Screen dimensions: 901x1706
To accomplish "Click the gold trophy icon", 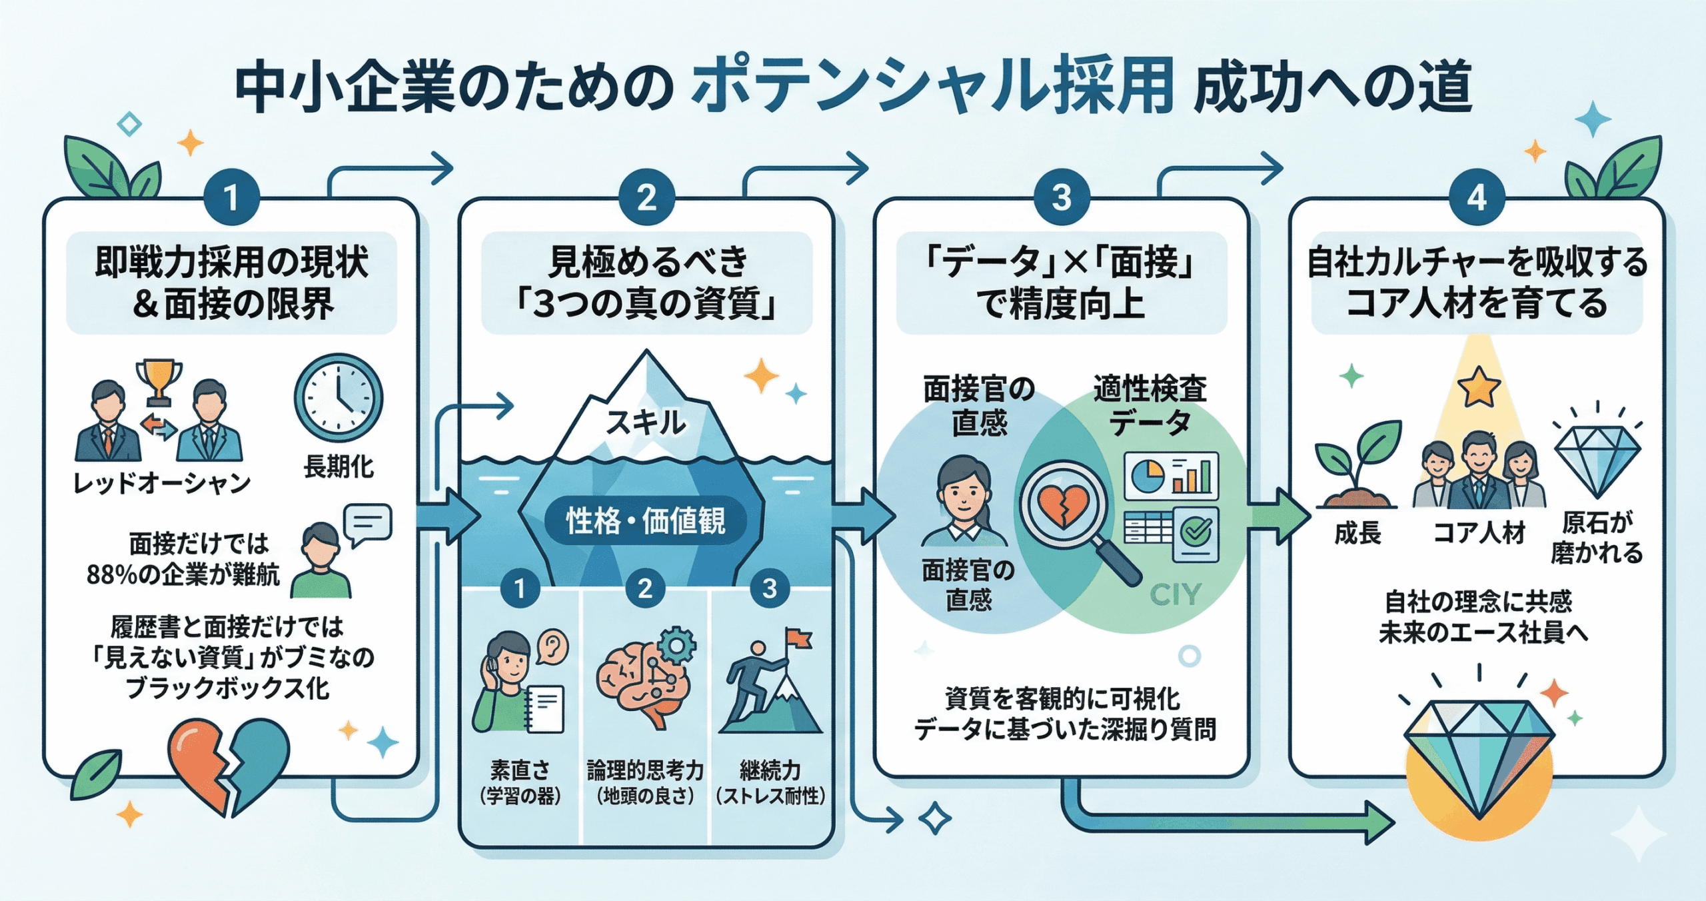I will [x=159, y=381].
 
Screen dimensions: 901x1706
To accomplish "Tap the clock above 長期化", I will [x=339, y=398].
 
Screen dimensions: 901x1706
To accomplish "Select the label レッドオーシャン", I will [x=162, y=482].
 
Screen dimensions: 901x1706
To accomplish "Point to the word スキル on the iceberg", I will [x=645, y=423].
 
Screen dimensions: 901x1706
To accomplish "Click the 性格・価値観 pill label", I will [x=645, y=520].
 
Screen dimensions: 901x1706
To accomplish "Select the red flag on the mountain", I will [x=798, y=638].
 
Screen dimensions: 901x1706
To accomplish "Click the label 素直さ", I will [x=520, y=770].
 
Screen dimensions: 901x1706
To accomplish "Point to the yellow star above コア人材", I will [x=1479, y=387].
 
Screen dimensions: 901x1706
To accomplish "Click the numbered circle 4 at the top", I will [x=1477, y=197].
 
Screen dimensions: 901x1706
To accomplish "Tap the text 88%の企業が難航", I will [x=183, y=574].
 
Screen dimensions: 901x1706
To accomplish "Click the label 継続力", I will [x=770, y=770].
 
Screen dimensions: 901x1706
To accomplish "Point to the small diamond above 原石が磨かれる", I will [x=1597, y=460].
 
